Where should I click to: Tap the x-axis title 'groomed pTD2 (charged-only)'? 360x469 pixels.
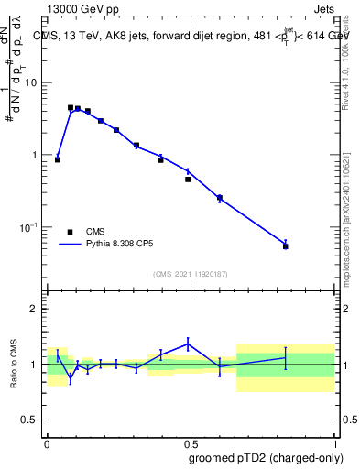click(x=267, y=457)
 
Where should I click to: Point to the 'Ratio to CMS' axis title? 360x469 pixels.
click(x=16, y=364)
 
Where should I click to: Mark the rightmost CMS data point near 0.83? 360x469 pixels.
click(x=286, y=246)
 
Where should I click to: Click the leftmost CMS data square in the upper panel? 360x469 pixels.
click(x=58, y=159)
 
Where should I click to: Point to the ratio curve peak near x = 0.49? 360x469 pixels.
click(x=188, y=344)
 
